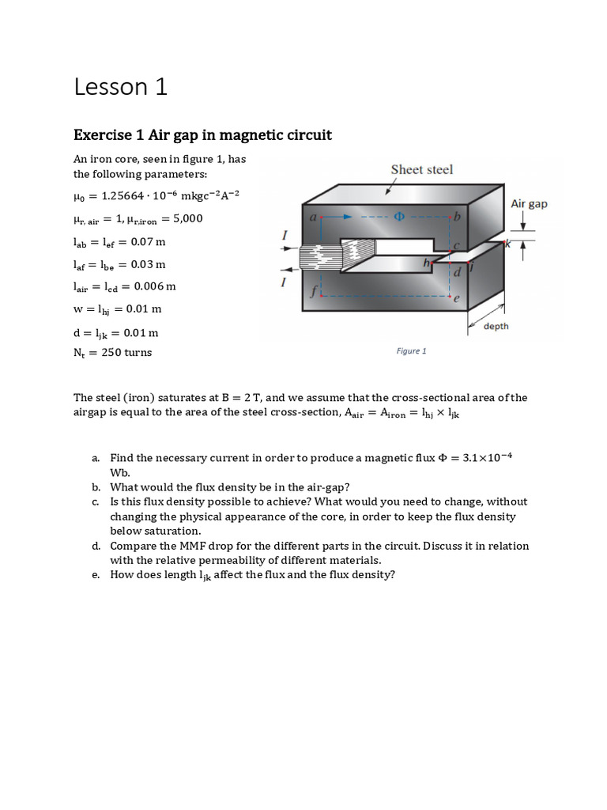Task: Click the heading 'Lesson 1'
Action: point(120,87)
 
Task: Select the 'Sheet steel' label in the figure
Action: point(422,170)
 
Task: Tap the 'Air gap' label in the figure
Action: point(529,204)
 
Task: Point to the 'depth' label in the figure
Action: point(496,327)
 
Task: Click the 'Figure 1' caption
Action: point(411,351)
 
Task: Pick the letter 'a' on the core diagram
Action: point(314,215)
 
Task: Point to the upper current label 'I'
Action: point(285,235)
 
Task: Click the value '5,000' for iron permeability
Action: point(186,219)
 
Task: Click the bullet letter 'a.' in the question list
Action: point(95,458)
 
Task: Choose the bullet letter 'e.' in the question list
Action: point(95,575)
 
